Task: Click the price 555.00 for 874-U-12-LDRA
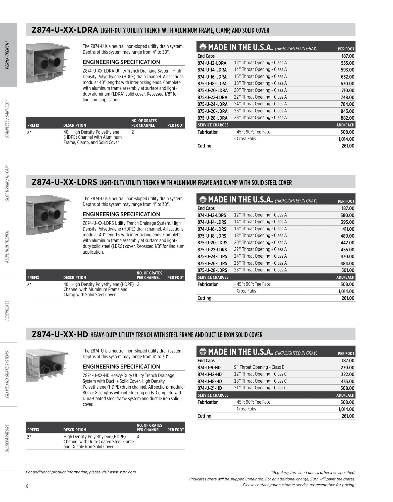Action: [348, 63]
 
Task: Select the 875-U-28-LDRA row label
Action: [212, 118]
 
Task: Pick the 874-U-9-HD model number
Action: [209, 368]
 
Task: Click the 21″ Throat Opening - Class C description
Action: [260, 388]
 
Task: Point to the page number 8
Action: [27, 486]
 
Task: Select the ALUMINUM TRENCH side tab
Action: [8, 247]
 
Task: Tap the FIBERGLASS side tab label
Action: [8, 311]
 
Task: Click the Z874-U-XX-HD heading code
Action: [60, 334]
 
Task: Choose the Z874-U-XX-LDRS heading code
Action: [64, 182]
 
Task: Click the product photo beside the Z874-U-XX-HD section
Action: [48, 365]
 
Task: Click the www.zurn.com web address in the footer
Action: [123, 472]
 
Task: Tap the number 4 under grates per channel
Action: [138, 437]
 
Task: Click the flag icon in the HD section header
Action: [203, 352]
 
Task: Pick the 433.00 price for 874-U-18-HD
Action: [348, 381]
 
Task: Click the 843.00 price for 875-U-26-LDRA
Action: [348, 111]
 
